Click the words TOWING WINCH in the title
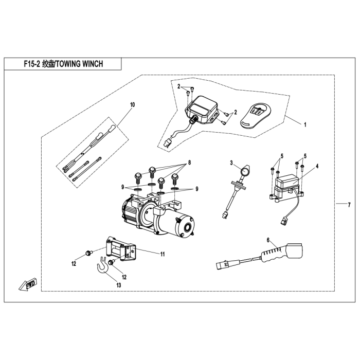point(79,64)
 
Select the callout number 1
point(305,125)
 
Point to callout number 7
point(349,205)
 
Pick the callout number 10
point(133,105)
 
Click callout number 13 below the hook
point(118,285)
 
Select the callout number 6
point(268,240)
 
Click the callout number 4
point(317,166)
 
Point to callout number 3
point(231,163)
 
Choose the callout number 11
point(163,254)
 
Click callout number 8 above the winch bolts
point(189,163)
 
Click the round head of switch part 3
point(245,171)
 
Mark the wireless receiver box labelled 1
point(202,110)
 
